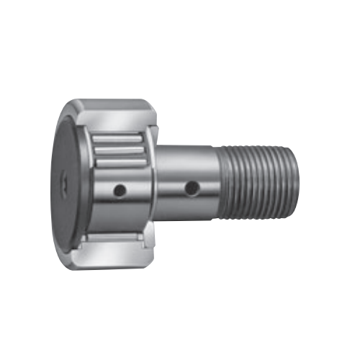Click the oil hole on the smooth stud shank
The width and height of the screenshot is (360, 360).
pyautogui.click(x=192, y=189)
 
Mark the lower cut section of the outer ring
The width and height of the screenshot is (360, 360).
pyautogui.click(x=115, y=248)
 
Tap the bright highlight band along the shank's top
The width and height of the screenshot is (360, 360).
pyautogui.click(x=184, y=153)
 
